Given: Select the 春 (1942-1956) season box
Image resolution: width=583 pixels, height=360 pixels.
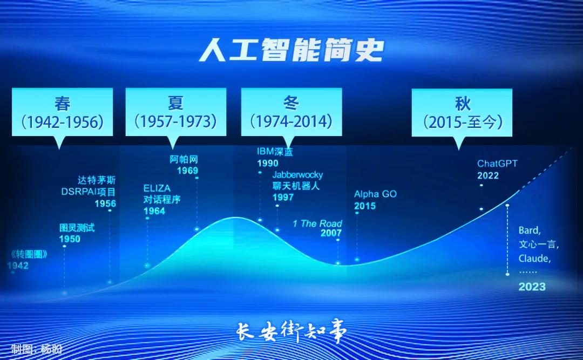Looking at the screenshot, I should coord(62,112).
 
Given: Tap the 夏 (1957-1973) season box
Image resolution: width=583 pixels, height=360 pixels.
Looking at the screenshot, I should coord(176,112).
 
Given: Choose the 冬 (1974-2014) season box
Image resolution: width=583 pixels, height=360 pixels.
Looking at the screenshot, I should coord(291,112).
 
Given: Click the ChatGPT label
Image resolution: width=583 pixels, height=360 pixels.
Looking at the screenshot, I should coord(497,164).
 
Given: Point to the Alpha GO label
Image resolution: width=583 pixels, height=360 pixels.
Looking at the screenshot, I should coord(375,194).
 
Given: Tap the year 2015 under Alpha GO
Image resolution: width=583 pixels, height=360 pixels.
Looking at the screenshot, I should coord(365,206).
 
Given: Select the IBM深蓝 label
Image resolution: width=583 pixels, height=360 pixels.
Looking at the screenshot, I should coord(275,152).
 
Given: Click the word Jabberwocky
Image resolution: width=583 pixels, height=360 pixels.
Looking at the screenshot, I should coord(297,174).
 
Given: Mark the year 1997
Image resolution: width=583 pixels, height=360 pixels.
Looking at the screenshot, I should coord(283,198).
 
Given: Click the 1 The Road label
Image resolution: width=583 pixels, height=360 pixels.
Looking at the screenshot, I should coord(317,223).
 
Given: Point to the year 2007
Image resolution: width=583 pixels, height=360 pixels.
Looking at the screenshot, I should coord(331,234).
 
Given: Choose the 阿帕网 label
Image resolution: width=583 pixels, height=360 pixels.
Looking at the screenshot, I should coord(184,159).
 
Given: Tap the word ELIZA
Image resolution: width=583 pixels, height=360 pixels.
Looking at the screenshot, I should coord(157,188).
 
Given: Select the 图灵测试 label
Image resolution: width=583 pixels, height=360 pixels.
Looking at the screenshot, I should coord(77,228).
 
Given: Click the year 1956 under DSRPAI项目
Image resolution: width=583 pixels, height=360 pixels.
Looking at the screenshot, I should coord(105,203).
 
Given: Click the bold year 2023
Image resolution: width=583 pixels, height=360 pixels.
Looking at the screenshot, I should coord(532,287).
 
